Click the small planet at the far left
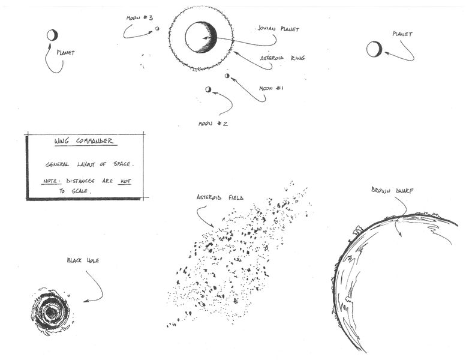pos(52,35)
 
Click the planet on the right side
pos(374,49)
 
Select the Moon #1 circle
pos(227,76)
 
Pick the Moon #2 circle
pos(208,89)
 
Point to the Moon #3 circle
pos(158,28)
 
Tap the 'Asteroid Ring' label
pos(282,58)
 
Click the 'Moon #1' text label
pos(271,88)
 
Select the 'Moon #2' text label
pos(213,124)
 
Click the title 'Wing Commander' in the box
pos(83,142)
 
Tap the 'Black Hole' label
pos(82,260)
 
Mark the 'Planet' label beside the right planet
pos(402,34)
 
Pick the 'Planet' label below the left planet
pos(65,52)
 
